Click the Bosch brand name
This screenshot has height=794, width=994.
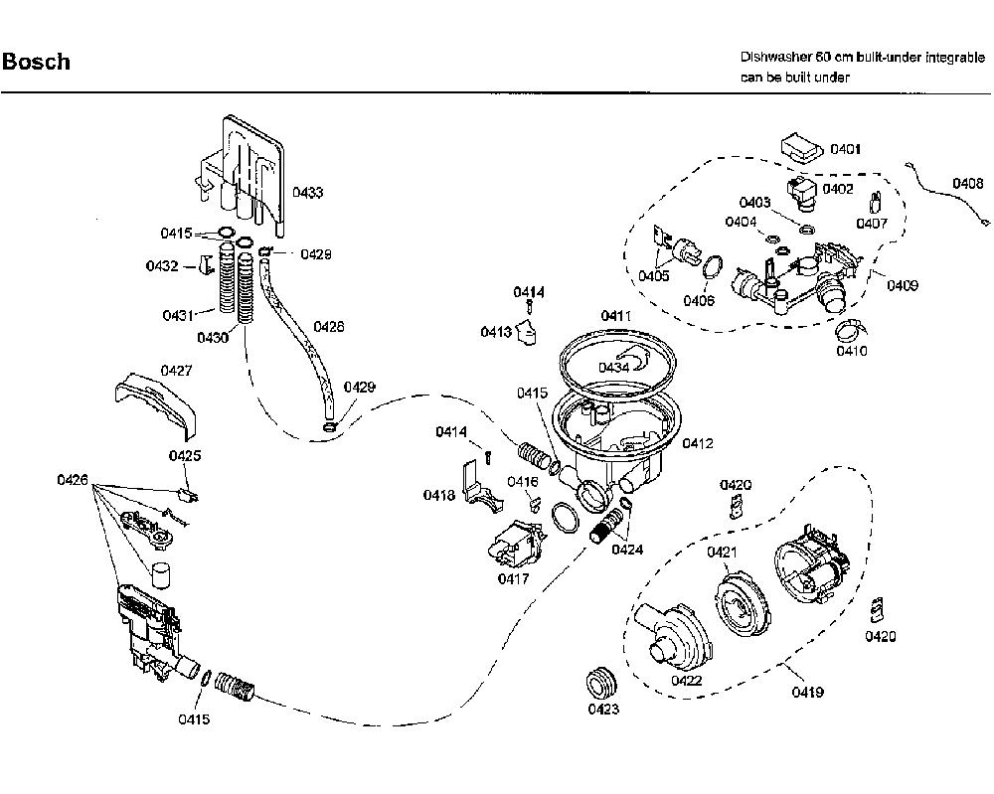(36, 62)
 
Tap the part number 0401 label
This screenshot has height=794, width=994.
(846, 149)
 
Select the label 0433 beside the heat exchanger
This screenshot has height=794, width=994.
(307, 192)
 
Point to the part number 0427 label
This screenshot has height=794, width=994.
(176, 371)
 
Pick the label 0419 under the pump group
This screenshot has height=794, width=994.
(807, 692)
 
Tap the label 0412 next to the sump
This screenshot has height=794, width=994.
(698, 443)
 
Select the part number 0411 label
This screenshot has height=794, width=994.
(616, 316)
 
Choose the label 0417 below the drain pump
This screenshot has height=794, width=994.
(513, 578)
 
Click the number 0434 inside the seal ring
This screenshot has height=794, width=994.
(613, 368)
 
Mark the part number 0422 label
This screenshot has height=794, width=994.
(687, 681)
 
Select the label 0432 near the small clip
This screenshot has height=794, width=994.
(162, 265)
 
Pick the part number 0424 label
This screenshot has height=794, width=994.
(627, 550)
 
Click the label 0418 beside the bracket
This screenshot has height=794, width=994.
(439, 495)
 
